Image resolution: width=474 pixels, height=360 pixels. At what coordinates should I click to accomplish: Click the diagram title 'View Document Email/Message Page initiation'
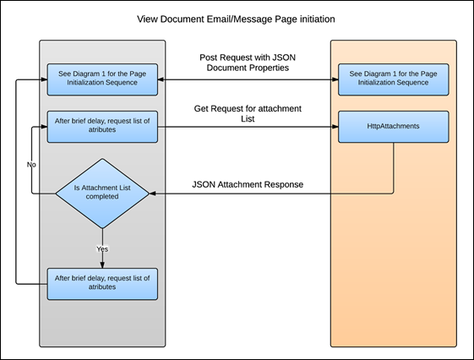236,19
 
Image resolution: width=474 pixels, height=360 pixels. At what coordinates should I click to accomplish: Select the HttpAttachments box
393,127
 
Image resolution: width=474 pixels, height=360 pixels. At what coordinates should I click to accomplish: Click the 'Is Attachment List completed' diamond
102,194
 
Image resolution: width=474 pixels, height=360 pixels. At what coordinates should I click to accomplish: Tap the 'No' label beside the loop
31,165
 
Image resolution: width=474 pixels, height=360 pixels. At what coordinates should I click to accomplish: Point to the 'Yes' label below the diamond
102,248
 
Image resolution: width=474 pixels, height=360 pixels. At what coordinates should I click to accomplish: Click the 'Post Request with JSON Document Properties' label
248,63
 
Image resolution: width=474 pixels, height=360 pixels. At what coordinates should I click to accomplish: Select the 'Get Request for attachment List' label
248,113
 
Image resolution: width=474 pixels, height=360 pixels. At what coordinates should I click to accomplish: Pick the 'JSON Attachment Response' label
248,184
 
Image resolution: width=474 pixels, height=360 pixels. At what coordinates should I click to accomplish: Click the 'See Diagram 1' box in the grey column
102,79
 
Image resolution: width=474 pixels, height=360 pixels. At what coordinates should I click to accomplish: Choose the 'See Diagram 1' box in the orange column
393,79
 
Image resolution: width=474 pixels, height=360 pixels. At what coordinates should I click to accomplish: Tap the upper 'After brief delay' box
102,127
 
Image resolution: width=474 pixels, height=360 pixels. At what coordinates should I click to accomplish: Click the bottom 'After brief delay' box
102,284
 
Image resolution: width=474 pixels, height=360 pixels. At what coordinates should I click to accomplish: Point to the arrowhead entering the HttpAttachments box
335,127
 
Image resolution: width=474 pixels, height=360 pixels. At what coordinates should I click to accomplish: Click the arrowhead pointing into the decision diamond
153,194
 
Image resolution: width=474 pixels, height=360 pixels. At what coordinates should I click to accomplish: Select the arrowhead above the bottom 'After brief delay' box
102,265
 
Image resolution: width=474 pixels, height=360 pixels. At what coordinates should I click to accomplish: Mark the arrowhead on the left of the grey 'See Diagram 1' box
44,79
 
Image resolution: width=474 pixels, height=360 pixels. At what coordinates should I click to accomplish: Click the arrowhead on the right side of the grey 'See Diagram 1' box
161,79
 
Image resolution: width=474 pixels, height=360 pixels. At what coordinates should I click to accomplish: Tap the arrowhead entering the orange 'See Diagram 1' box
335,79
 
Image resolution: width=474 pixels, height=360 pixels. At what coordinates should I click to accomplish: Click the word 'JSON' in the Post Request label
284,57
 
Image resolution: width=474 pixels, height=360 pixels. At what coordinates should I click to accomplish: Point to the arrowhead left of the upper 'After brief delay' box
44,127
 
